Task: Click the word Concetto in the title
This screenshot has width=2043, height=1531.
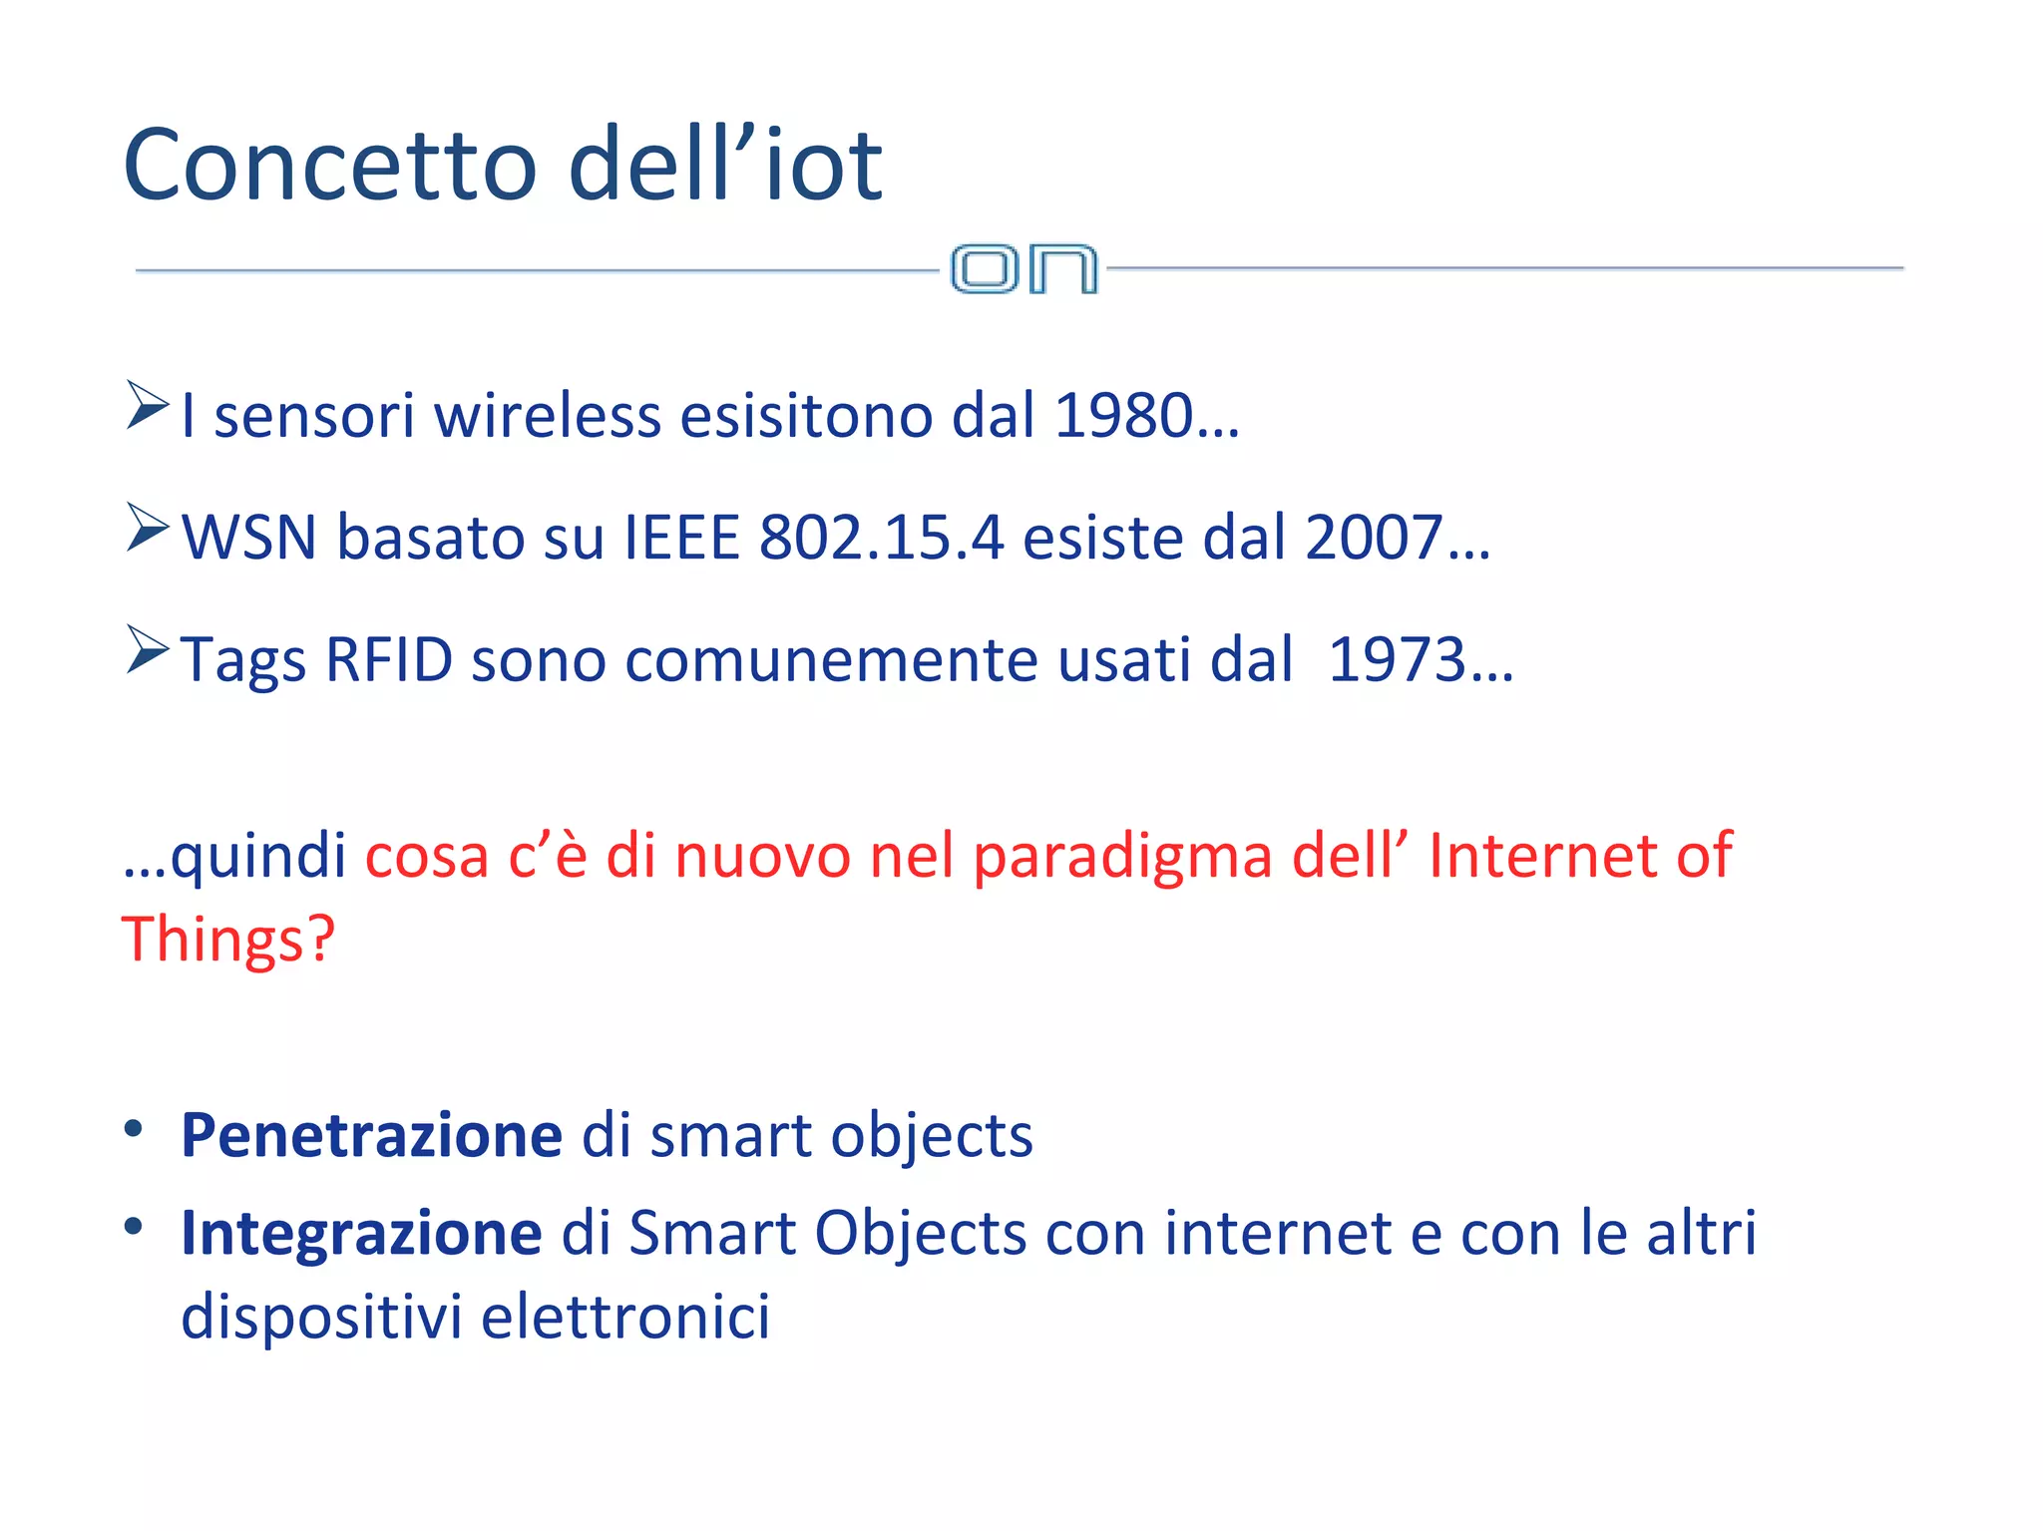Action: coord(330,166)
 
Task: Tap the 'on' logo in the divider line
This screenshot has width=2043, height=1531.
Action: coord(1023,269)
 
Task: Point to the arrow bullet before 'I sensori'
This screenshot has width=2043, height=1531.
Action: coord(148,405)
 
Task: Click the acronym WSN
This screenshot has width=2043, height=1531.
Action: coord(249,538)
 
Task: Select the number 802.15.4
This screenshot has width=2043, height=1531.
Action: coord(881,538)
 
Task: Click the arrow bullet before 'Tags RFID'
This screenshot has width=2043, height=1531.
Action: coord(148,649)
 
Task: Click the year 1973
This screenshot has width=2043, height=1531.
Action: coord(1397,660)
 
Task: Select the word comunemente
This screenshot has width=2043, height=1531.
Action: coord(831,660)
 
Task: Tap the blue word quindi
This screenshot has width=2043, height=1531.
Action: coord(257,856)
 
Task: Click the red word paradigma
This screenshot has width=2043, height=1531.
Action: coord(1122,856)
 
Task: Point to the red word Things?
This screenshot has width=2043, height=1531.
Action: coord(228,940)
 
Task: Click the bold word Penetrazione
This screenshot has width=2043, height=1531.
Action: coord(371,1135)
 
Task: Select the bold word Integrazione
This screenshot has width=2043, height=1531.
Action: coord(361,1233)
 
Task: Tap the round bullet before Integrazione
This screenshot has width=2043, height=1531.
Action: coord(134,1226)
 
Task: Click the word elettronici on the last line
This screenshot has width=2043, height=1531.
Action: coord(625,1317)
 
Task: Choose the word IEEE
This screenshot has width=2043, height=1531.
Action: coord(681,538)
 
